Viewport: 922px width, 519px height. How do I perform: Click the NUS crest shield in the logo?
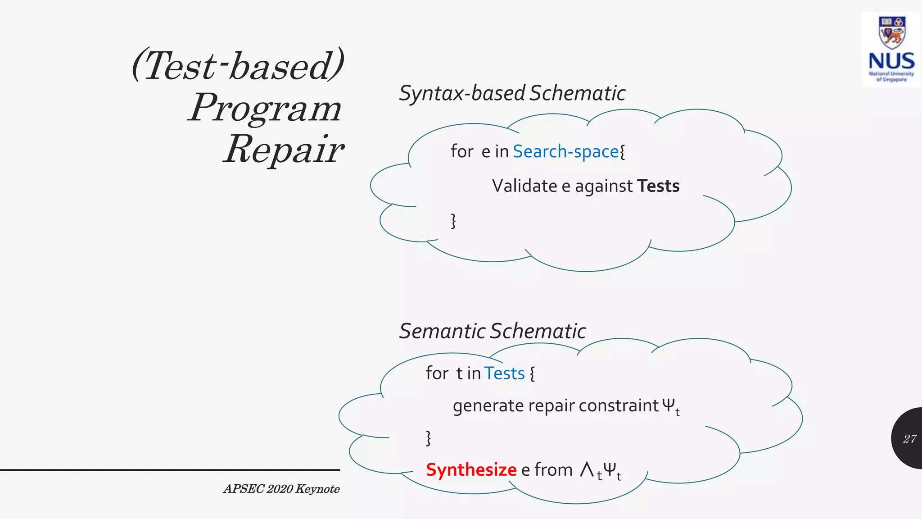(x=891, y=32)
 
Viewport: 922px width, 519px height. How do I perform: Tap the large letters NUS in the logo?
(x=891, y=61)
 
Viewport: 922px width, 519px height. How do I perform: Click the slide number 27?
(x=909, y=439)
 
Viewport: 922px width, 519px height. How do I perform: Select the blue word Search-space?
(x=565, y=152)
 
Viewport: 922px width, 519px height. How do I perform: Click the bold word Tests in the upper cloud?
(x=658, y=186)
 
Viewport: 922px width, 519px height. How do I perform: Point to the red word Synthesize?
(x=471, y=470)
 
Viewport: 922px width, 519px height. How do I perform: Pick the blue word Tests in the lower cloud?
(x=504, y=373)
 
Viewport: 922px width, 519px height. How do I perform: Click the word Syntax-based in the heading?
(x=462, y=94)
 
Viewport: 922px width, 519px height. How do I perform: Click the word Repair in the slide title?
(x=284, y=150)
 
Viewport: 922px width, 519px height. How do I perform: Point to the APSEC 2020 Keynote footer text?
(x=281, y=489)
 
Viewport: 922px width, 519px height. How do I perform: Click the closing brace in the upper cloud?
(x=453, y=221)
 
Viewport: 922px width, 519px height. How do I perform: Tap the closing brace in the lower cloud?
(x=428, y=437)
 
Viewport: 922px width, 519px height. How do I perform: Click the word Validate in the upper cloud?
(x=524, y=186)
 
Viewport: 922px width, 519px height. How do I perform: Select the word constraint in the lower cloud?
(x=619, y=406)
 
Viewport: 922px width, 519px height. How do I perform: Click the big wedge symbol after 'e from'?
(x=587, y=469)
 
